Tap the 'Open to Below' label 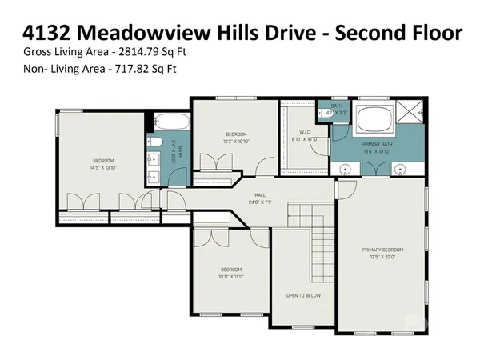coord(303,295)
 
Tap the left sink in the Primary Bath coord(346,169)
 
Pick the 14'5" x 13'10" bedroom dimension coord(103,168)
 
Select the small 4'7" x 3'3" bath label coord(336,113)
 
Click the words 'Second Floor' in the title coord(398,32)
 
